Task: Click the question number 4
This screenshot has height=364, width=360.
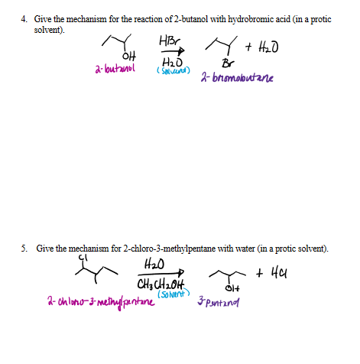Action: click(x=24, y=18)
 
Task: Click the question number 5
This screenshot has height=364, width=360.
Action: click(x=24, y=249)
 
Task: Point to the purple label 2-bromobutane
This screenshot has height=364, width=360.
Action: click(x=237, y=78)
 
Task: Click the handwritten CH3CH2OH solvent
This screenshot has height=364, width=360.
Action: click(x=164, y=284)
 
